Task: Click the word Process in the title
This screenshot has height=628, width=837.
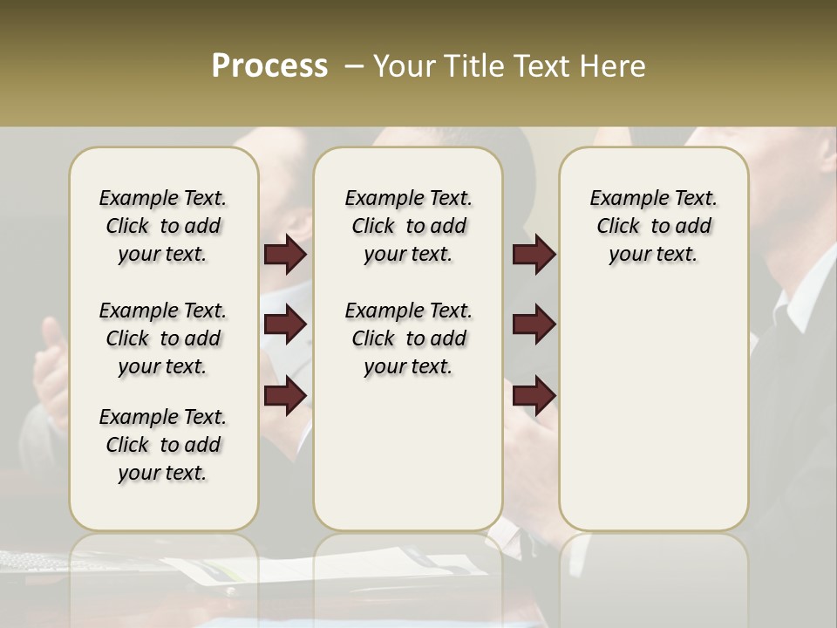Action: click(269, 65)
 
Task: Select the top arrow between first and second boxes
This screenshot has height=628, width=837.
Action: click(284, 254)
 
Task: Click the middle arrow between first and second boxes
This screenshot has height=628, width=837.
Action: click(284, 324)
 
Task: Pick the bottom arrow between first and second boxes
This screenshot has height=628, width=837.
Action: click(284, 395)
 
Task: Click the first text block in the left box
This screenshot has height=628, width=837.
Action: click(163, 226)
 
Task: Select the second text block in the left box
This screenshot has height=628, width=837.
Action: click(163, 338)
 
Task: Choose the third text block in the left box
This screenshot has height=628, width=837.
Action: click(163, 445)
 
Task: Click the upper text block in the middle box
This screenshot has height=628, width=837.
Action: click(408, 226)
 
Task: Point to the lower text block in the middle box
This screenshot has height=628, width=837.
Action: click(408, 338)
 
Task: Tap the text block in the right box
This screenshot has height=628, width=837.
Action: click(653, 226)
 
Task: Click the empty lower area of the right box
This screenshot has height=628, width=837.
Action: click(653, 419)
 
